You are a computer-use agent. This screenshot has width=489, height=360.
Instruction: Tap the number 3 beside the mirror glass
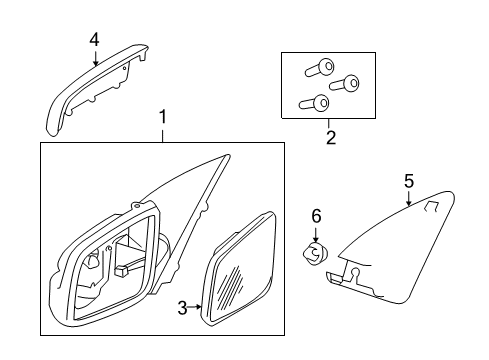(183, 308)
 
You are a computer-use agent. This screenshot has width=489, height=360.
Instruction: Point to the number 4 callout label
(94, 39)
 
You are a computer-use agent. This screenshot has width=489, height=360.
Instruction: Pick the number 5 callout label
(408, 181)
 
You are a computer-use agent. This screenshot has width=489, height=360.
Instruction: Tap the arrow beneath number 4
(95, 57)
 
